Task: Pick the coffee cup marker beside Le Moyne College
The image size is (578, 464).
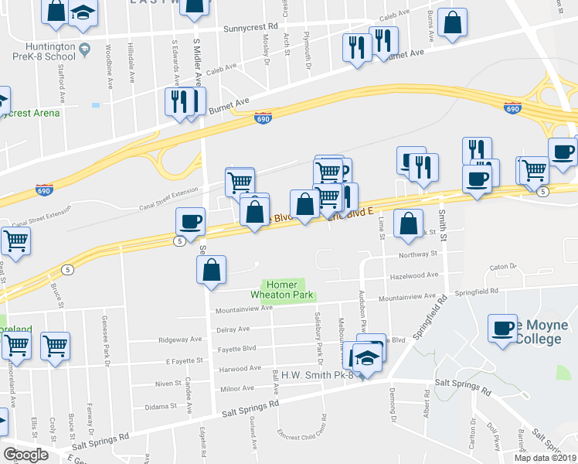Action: [x=502, y=329]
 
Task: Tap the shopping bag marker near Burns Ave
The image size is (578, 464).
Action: [x=453, y=23]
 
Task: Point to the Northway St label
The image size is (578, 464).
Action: [x=418, y=253]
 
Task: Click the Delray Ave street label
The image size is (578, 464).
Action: [x=233, y=328]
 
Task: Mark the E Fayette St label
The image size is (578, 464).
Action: [x=183, y=360]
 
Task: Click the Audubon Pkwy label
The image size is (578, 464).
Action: [x=361, y=305]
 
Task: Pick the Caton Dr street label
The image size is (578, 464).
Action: [x=502, y=268]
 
